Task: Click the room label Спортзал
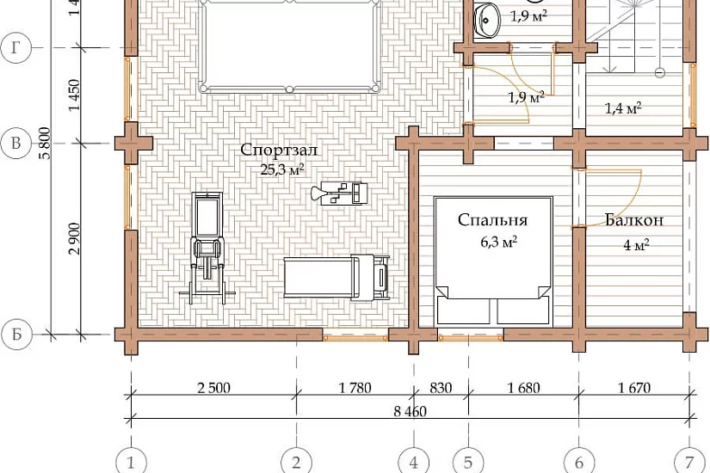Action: click(x=279, y=150)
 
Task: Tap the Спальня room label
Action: click(x=492, y=220)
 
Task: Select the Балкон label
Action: click(x=634, y=220)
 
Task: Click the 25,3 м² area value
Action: click(x=281, y=169)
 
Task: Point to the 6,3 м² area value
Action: click(x=498, y=242)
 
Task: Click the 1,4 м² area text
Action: click(x=623, y=108)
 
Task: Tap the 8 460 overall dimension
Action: click(x=410, y=411)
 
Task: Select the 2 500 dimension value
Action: click(x=213, y=388)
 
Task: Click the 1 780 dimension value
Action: click(x=355, y=388)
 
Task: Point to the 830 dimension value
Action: click(x=441, y=388)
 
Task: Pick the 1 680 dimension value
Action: click(x=523, y=388)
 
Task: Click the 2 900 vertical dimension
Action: click(x=75, y=238)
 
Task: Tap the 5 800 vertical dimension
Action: click(x=45, y=143)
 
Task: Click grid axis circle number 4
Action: click(x=413, y=462)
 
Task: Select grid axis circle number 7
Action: click(x=689, y=462)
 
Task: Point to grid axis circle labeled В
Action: click(x=15, y=143)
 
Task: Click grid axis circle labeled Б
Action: click(x=15, y=335)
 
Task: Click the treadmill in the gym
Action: click(x=336, y=277)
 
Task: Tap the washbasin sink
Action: click(x=487, y=19)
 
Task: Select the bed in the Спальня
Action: click(x=493, y=261)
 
